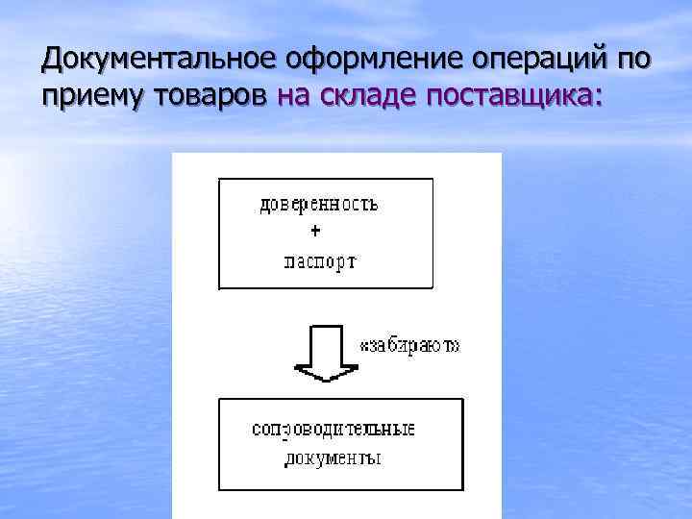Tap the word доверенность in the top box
pyautogui.click(x=319, y=204)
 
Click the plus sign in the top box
pyautogui.click(x=318, y=232)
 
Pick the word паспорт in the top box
pyautogui.click(x=320, y=260)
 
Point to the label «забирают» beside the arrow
pyautogui.click(x=408, y=345)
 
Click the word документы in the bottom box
pyautogui.click(x=333, y=458)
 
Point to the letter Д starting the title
pyautogui.click(x=52, y=62)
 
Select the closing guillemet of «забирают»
pyautogui.click(x=456, y=346)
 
